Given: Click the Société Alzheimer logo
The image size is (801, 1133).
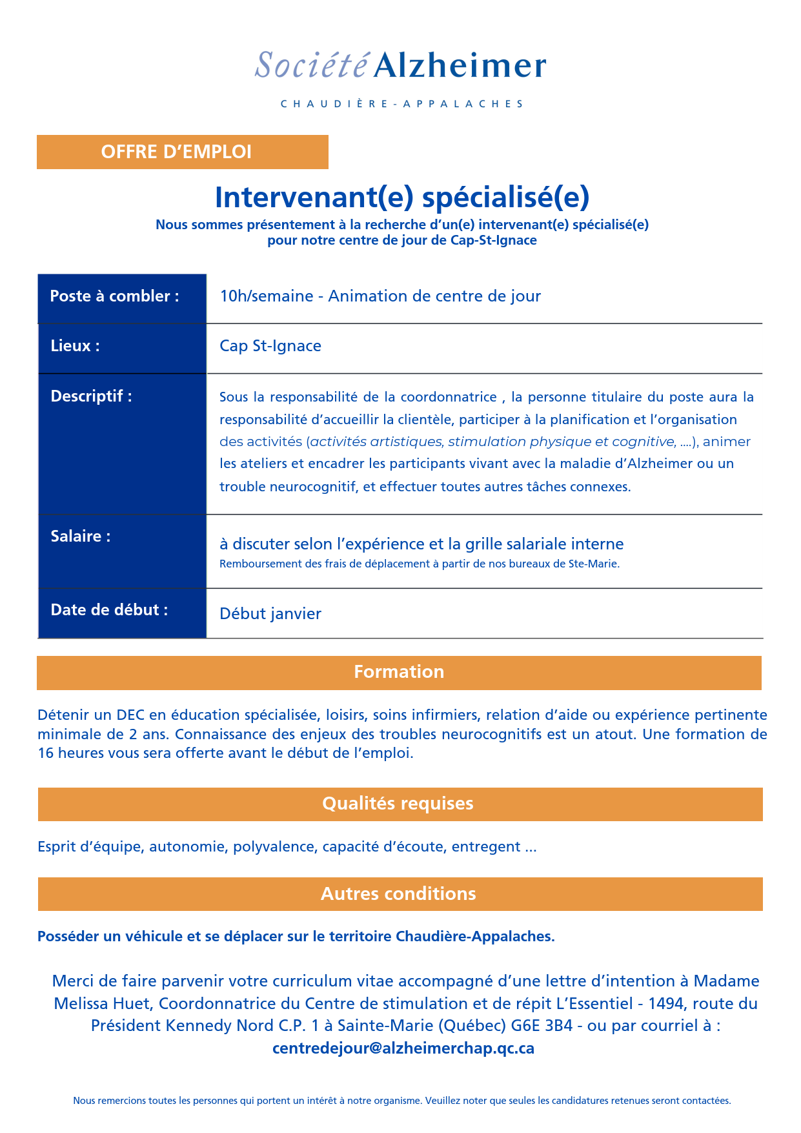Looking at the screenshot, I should pyautogui.click(x=400, y=65).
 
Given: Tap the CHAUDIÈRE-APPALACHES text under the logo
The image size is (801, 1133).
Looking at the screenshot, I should pyautogui.click(x=401, y=104).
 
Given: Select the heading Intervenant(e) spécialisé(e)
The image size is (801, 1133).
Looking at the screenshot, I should pyautogui.click(x=401, y=197).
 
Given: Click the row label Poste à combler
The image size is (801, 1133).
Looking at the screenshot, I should pyautogui.click(x=114, y=296).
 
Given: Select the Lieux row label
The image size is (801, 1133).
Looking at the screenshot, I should pyautogui.click(x=75, y=346).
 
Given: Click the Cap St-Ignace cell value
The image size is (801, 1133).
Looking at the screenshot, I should pyautogui.click(x=270, y=346).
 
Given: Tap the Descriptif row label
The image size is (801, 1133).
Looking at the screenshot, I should pyautogui.click(x=91, y=396).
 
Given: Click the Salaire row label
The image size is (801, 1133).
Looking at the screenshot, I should pyautogui.click(x=81, y=536).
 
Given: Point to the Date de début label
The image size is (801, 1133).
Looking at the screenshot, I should pyautogui.click(x=109, y=610).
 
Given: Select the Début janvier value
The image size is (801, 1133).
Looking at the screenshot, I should pyautogui.click(x=270, y=613).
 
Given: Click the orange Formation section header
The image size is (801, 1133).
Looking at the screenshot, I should pyautogui.click(x=399, y=672).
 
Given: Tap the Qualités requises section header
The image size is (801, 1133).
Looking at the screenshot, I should pyautogui.click(x=398, y=804).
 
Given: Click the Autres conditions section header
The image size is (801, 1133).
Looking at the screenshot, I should pyautogui.click(x=398, y=894).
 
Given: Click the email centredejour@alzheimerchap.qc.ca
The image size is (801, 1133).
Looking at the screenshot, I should pyautogui.click(x=403, y=1048).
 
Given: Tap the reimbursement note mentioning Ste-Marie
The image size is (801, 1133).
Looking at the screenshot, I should pyautogui.click(x=420, y=564).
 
